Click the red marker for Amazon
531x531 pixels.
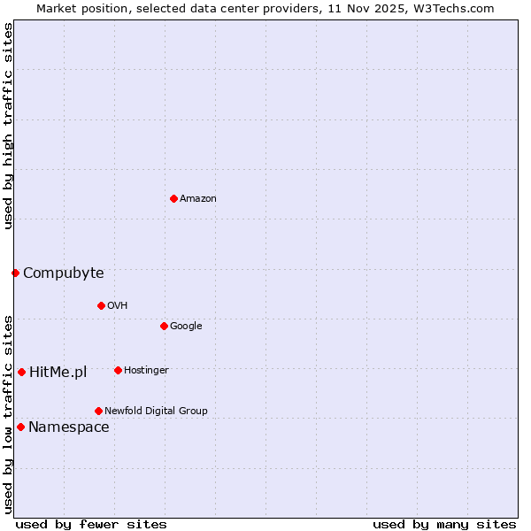pyautogui.click(x=173, y=198)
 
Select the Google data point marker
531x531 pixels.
pyautogui.click(x=164, y=326)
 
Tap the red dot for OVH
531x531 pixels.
pyautogui.click(x=101, y=305)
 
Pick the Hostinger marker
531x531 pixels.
pyautogui.click(x=118, y=370)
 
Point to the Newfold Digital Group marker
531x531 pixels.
pyautogui.click(x=98, y=411)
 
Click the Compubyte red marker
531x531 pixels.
pyautogui.click(x=15, y=273)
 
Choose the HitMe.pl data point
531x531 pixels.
pyautogui.click(x=21, y=372)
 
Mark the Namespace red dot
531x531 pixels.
pyautogui.click(x=20, y=427)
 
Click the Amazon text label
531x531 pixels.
pyautogui.click(x=198, y=198)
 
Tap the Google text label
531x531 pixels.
pyautogui.click(x=186, y=326)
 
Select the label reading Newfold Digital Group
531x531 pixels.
pyautogui.click(x=156, y=411)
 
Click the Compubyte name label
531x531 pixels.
pyautogui.click(x=63, y=273)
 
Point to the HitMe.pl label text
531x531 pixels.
pyautogui.click(x=58, y=372)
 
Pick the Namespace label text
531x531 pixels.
pyautogui.click(x=68, y=427)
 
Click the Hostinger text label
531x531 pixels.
pyautogui.click(x=146, y=370)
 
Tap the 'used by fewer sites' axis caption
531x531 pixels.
pyautogui.click(x=91, y=524)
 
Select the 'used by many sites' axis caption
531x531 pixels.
pyautogui.click(x=444, y=524)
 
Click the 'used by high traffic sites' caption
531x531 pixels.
pyautogui.click(x=8, y=126)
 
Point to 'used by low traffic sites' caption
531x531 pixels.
pyautogui.click(x=8, y=413)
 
